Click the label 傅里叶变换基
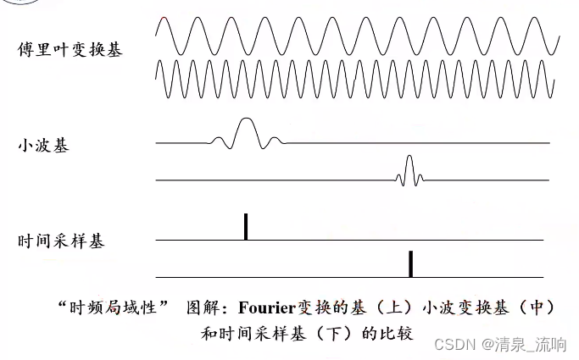pos(70,49)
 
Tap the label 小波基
pos(43,145)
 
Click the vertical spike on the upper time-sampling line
pos(246,227)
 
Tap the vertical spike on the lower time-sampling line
pos(410,263)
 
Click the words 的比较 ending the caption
pos(387,332)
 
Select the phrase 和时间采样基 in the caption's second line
pos(252,332)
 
